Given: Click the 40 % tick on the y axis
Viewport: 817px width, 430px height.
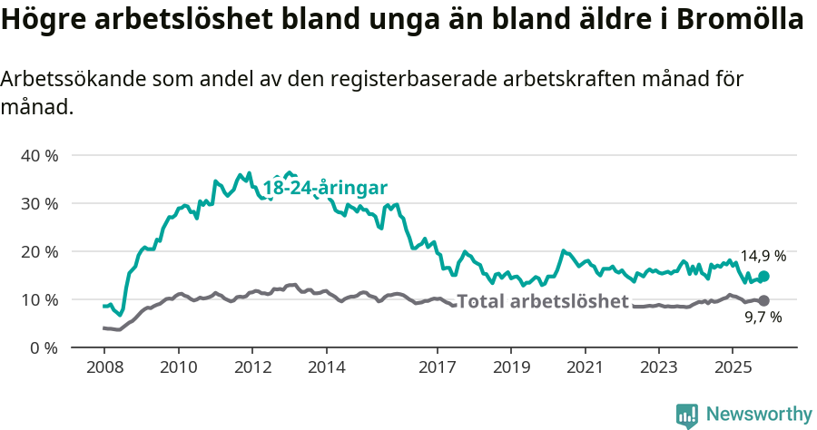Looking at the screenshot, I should [x=38, y=155].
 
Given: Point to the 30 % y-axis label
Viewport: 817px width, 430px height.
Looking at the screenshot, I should [x=38, y=203].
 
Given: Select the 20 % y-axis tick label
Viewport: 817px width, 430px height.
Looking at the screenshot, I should [x=38, y=251].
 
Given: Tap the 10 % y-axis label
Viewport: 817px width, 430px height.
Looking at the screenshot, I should [x=38, y=299].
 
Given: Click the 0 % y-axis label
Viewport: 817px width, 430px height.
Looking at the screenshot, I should [x=43, y=347].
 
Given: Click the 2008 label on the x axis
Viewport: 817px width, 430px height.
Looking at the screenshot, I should [x=103, y=367].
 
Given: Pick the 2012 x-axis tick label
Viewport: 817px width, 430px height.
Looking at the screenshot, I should [x=252, y=367].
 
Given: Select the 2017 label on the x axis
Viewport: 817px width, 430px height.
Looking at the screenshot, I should [x=437, y=367].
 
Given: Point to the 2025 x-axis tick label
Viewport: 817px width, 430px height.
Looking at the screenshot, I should [x=732, y=367].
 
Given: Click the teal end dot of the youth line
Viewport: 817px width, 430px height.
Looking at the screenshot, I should [x=763, y=276].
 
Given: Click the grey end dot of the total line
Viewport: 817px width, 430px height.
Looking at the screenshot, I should [x=763, y=300].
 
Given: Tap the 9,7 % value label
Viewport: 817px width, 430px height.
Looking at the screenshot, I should [x=763, y=318].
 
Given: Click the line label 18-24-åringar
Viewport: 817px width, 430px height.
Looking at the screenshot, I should [x=325, y=188].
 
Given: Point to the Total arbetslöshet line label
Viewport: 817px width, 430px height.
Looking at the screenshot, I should [x=542, y=301].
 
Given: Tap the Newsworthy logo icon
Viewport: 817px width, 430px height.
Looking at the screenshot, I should [x=687, y=415].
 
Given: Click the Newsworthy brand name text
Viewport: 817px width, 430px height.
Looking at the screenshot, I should [x=759, y=415].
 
